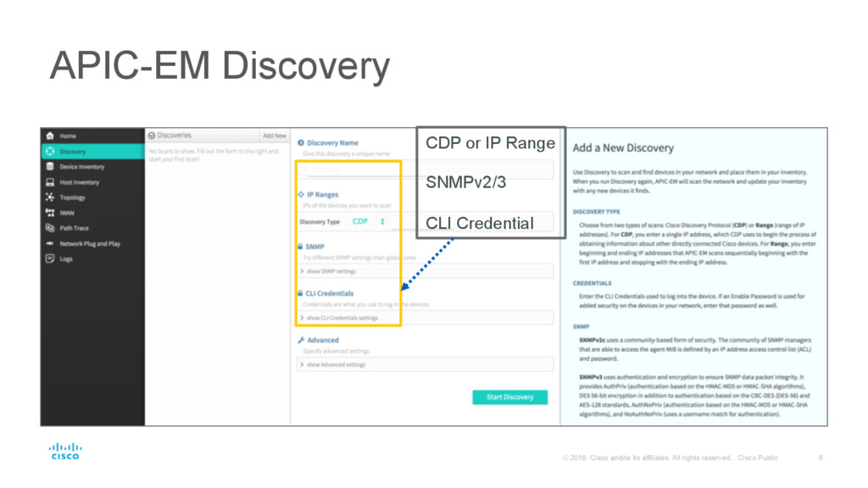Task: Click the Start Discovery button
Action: pyautogui.click(x=509, y=396)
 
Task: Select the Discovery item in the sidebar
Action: pyautogui.click(x=72, y=152)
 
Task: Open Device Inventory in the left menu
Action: pyautogui.click(x=81, y=167)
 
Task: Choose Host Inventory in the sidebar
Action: pyautogui.click(x=79, y=182)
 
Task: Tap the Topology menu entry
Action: pyautogui.click(x=72, y=197)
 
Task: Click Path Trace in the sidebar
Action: pyautogui.click(x=74, y=228)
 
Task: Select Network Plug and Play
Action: pyautogui.click(x=89, y=243)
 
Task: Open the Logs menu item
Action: pyautogui.click(x=65, y=258)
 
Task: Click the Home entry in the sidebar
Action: pyautogui.click(x=67, y=136)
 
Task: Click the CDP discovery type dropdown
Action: pyautogui.click(x=368, y=221)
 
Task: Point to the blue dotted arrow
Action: pyautogui.click(x=428, y=263)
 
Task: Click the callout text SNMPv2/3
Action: pyautogui.click(x=465, y=183)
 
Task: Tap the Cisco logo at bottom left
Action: pyautogui.click(x=64, y=451)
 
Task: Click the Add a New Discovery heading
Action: pyautogui.click(x=623, y=147)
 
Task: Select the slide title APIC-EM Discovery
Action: pyautogui.click(x=220, y=67)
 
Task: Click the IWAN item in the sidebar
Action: pyautogui.click(x=67, y=213)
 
